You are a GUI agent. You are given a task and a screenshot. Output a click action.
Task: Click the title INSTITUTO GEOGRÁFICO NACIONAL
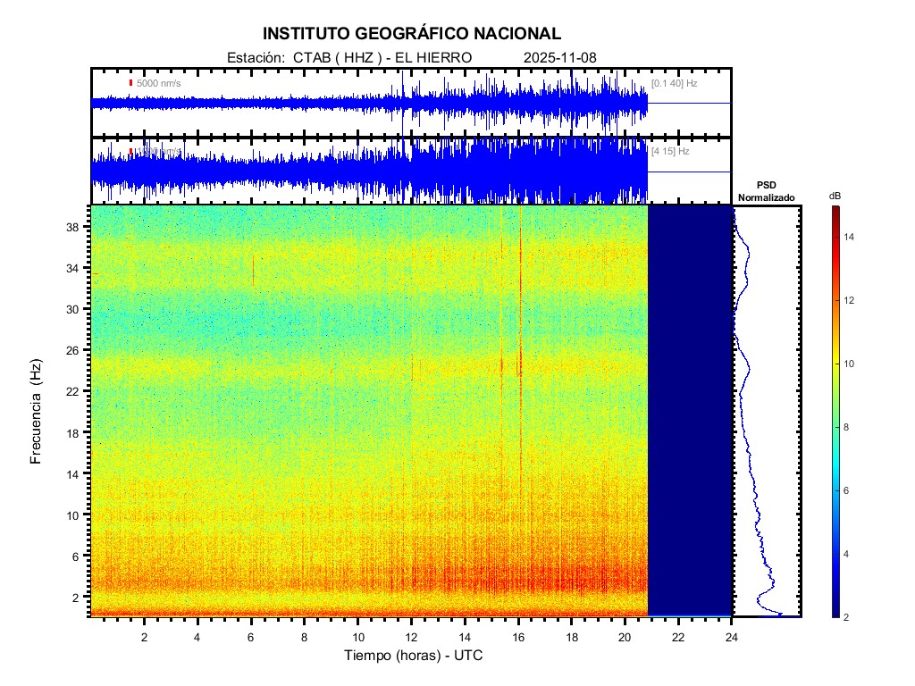tap(411, 34)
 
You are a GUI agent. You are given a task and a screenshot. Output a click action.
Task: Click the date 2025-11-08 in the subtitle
tap(560, 58)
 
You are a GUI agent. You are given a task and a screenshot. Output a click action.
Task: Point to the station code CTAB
tap(311, 58)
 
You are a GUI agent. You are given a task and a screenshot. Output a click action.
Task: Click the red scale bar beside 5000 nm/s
tap(130, 83)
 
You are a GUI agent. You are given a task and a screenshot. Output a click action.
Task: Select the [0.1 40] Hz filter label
tap(674, 83)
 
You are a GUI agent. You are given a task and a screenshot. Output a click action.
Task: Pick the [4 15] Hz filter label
tap(670, 152)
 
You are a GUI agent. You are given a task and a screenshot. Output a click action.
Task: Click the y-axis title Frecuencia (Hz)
tap(37, 412)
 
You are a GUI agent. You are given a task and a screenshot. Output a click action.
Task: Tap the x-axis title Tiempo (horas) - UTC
tap(414, 656)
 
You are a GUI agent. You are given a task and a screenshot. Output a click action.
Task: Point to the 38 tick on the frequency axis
tap(74, 227)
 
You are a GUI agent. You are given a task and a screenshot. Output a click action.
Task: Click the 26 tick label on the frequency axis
tap(74, 350)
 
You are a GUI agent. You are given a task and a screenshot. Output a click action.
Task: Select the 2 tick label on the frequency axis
tap(78, 597)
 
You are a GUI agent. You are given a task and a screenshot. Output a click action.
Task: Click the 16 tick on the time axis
tap(518, 636)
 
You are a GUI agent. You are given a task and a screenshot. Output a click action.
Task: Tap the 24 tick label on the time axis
tap(732, 636)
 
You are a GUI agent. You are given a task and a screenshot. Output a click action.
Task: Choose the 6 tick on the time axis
tap(251, 636)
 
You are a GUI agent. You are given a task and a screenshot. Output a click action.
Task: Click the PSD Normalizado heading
tap(766, 191)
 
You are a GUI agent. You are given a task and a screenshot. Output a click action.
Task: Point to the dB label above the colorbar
tap(835, 196)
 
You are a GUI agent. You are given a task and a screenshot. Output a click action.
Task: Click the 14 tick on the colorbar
tap(852, 238)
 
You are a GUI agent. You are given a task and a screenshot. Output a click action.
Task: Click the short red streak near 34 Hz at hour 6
tap(253, 269)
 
